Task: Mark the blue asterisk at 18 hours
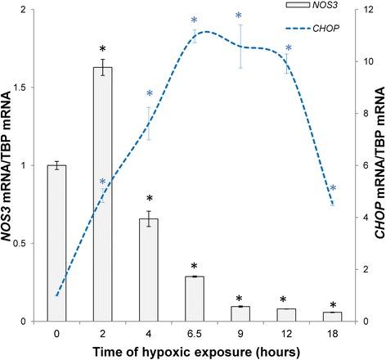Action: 334,189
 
